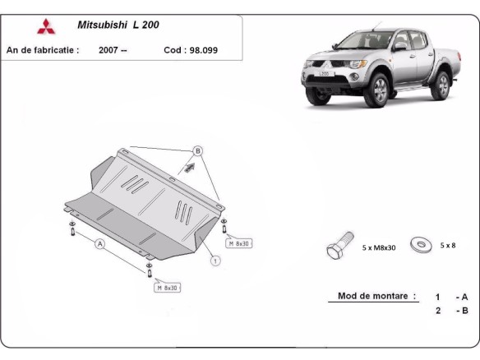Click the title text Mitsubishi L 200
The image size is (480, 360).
click(x=118, y=25)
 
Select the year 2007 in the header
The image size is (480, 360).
click(x=113, y=50)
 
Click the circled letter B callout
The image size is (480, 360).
click(x=197, y=151)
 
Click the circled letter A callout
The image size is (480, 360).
click(x=99, y=244)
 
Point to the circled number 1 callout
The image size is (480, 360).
click(x=215, y=261)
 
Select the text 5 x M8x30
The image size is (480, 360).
click(x=379, y=247)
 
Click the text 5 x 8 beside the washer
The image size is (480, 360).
click(x=448, y=245)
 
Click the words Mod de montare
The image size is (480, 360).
click(x=376, y=296)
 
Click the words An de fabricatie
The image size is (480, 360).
click(x=43, y=50)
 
